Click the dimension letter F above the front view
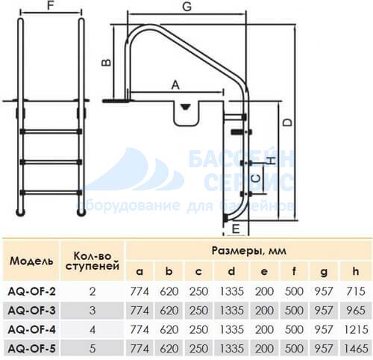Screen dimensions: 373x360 coord(51,5)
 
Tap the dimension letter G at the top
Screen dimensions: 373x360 coord(186,7)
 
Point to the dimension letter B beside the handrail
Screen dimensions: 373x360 coord(106,63)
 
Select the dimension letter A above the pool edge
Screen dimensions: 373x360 coord(175,85)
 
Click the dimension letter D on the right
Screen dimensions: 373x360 coord(289,122)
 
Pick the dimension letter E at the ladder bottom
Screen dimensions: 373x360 coord(236,229)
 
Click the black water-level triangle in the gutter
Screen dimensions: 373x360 coord(186,107)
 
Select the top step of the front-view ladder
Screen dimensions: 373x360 coord(51,131)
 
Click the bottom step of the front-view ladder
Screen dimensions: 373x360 coord(51,193)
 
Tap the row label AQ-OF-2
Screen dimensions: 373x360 coord(31,291)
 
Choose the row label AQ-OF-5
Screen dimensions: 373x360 coord(31,349)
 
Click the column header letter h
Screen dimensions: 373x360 coord(356,271)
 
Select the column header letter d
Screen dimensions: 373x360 coord(231,271)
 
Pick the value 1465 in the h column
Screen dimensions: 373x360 coord(356,349)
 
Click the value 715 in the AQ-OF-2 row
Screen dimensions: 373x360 coord(356,291)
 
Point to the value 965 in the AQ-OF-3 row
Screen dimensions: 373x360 coord(356,311)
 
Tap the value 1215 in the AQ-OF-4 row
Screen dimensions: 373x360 coord(356,329)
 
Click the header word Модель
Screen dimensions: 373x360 coord(31,261)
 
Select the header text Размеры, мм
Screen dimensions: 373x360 coord(248,251)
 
